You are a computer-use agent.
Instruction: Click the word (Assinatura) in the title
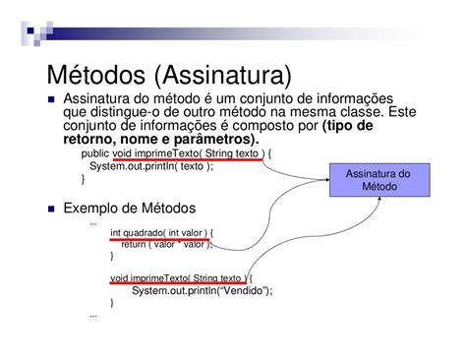(x=225, y=76)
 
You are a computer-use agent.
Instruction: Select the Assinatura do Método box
(x=379, y=179)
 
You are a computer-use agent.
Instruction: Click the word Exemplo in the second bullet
(x=92, y=209)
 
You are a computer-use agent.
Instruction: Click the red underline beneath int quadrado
(x=159, y=240)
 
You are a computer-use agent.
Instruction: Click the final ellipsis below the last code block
(x=92, y=315)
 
